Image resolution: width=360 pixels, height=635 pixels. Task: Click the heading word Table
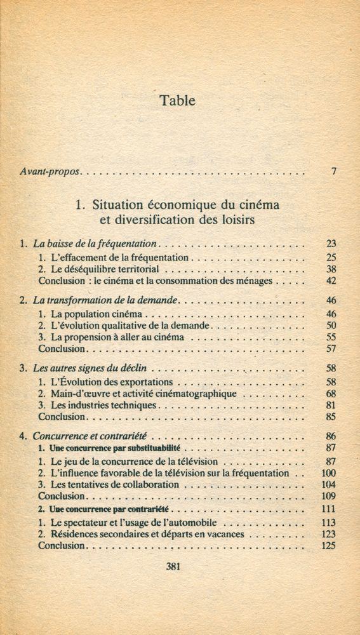(178, 100)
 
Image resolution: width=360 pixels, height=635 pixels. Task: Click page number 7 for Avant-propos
(333, 171)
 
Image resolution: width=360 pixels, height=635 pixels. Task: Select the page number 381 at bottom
(173, 567)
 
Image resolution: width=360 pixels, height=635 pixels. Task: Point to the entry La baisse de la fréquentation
(95, 243)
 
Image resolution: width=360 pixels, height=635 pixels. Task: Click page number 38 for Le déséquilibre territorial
(330, 269)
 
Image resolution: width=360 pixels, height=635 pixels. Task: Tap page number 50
(330, 325)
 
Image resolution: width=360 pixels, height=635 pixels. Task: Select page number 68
(330, 394)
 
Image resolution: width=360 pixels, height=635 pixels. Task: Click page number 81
(330, 405)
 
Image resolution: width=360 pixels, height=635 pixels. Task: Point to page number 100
(328, 473)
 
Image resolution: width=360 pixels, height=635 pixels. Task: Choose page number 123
(328, 534)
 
